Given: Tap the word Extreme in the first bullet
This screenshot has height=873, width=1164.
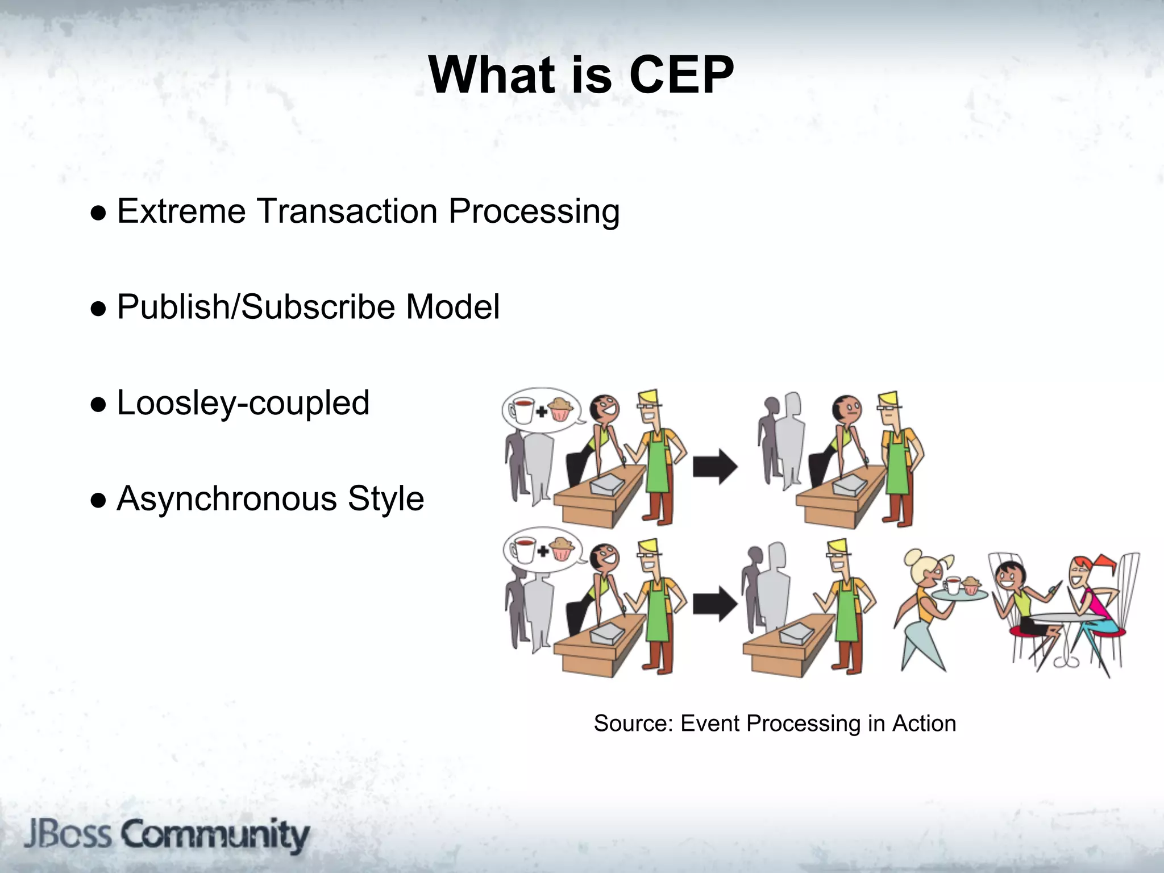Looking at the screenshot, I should [x=181, y=211].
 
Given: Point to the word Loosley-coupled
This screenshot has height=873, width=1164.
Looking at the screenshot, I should [x=243, y=403].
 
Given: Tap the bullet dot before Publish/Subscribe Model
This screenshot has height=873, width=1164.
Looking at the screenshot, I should [x=98, y=309].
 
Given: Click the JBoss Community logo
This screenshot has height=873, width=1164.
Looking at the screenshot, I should [x=167, y=835].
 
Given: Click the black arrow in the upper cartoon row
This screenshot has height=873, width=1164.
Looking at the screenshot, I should [x=714, y=467].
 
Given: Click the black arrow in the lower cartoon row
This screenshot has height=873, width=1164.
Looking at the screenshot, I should [x=714, y=604].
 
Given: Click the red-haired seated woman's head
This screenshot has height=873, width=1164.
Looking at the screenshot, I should [x=1083, y=571].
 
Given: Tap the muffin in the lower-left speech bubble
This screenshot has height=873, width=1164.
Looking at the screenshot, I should [x=562, y=548].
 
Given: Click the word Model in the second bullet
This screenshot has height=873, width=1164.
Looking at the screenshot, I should [x=452, y=307].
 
